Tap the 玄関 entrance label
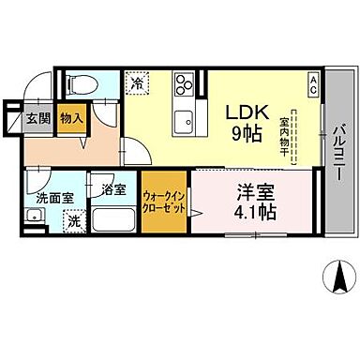coord(37,118)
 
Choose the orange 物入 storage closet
coord(71,118)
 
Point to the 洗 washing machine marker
coord(73,222)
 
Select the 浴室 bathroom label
coord(114,190)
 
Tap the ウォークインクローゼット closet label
coord(163,202)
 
